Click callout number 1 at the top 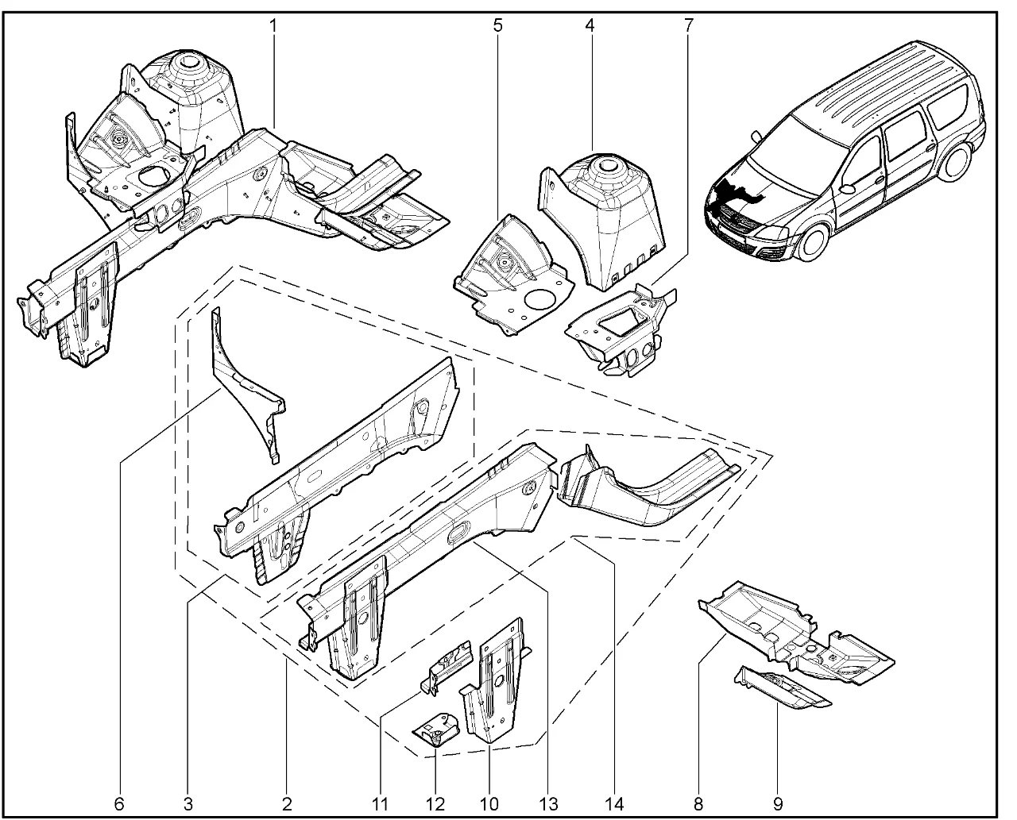[x=273, y=25]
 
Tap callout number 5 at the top [x=498, y=25]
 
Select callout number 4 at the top [x=590, y=25]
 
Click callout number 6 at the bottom [x=119, y=804]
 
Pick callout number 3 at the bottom [x=188, y=804]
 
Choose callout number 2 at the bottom [x=287, y=804]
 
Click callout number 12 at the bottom [x=435, y=804]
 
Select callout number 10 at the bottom [x=489, y=804]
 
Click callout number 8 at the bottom [x=698, y=804]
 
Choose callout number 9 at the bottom [x=777, y=804]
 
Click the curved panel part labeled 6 [x=246, y=389]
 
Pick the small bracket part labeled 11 [x=449, y=665]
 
